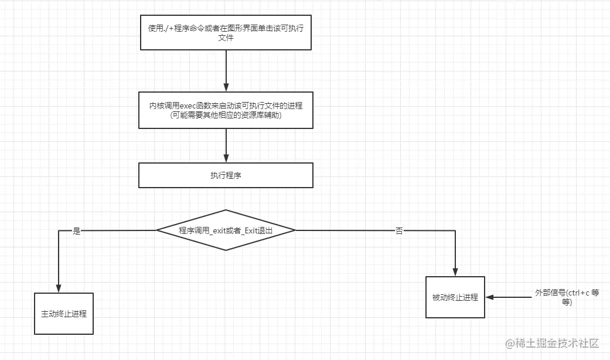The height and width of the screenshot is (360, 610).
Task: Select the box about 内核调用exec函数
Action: [226, 110]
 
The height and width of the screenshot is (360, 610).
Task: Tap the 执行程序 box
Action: [226, 175]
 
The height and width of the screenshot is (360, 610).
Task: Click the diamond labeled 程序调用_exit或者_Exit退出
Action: [226, 230]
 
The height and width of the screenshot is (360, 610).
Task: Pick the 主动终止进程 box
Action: [64, 313]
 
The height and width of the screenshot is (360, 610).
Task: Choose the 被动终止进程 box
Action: [455, 297]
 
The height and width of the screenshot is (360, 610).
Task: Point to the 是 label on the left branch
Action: [76, 231]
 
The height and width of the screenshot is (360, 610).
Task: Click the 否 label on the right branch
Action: [399, 231]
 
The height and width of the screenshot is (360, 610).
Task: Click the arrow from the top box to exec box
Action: [226, 70]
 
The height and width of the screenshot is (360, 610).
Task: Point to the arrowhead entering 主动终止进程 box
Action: [59, 287]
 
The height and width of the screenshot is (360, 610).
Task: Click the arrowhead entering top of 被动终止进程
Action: [455, 271]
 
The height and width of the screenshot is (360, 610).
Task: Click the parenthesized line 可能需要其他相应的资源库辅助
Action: [226, 115]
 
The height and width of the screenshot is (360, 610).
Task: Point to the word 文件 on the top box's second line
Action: [226, 38]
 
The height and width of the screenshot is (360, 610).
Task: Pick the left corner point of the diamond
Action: [156, 230]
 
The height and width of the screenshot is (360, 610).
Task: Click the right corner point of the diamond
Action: [295, 230]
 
